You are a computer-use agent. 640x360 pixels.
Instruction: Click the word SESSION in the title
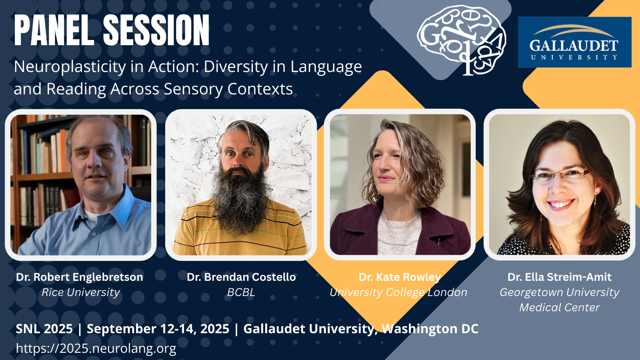coord(156,30)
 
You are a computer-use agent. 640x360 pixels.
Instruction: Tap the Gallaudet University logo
coord(574,42)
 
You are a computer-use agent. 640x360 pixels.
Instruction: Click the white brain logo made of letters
coord(461,40)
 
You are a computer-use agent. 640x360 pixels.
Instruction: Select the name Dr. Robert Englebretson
coord(80,277)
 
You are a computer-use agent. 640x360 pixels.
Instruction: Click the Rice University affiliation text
coord(81,292)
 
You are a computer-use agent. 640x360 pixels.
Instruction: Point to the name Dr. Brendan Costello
coord(241,277)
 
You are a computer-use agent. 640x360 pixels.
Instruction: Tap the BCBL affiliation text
coord(241,292)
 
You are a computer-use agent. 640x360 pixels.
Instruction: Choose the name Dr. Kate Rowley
coord(400,277)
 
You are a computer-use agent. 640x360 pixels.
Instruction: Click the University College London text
coord(398,292)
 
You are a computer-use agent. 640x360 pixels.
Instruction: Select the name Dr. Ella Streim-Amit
coord(560,277)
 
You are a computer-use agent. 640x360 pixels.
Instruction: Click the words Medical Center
coord(560,308)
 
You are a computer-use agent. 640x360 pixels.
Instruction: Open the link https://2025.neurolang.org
coord(96,348)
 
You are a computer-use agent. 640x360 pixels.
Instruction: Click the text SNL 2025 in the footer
coord(44,328)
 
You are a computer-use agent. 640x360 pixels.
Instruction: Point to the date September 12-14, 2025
coord(158,329)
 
